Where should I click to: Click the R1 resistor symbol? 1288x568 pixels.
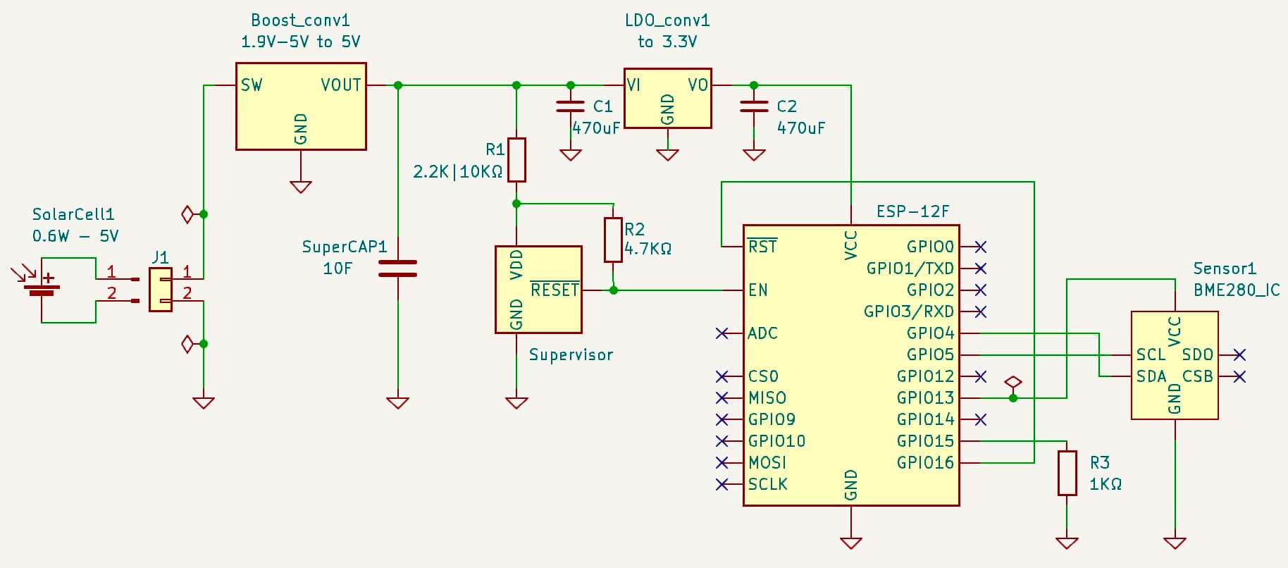tap(516, 160)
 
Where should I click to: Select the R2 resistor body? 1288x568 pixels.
tap(613, 240)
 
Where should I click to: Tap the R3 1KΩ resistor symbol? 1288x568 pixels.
tap(1067, 473)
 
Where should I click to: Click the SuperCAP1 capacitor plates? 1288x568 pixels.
tap(397, 268)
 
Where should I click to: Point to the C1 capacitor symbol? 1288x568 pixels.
tap(570, 106)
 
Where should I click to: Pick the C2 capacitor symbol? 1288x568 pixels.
tap(753, 106)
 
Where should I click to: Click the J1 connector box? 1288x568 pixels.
tap(161, 289)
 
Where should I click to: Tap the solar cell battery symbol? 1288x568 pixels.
tap(42, 287)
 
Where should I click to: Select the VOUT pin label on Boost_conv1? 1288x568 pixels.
tap(341, 85)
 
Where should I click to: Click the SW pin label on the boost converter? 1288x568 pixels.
tap(251, 85)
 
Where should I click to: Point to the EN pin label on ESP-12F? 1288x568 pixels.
tap(758, 290)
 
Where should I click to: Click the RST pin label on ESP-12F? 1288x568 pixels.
tap(762, 247)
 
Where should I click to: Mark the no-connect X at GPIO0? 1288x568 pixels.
tap(980, 247)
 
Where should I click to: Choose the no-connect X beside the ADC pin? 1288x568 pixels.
tap(722, 333)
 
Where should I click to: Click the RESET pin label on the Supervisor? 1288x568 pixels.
tap(555, 290)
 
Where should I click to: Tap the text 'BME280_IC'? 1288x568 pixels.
tap(1236, 290)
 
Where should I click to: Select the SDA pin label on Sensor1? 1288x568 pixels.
tap(1151, 376)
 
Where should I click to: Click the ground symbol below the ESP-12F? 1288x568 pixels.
tap(850, 543)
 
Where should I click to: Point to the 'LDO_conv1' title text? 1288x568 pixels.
tap(667, 20)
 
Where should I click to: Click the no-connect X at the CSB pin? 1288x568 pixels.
tap(1239, 376)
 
